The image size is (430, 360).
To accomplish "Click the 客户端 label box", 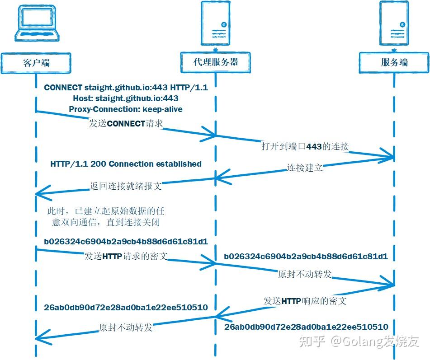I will (x=36, y=62).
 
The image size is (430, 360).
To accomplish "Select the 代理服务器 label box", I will (x=216, y=62).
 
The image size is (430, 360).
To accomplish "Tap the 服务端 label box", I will (x=394, y=62).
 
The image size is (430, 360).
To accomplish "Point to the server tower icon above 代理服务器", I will (x=215, y=25).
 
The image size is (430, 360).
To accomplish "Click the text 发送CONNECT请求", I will (x=125, y=123).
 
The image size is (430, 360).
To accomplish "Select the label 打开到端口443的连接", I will (x=305, y=146).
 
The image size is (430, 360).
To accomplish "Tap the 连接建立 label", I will (x=305, y=168).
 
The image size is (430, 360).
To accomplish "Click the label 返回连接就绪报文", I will (x=125, y=186).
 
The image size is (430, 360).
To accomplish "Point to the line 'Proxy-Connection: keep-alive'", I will (x=126, y=109).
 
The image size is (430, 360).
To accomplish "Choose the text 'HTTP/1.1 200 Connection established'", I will (x=126, y=164).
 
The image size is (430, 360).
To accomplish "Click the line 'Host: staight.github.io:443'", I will (x=126, y=98).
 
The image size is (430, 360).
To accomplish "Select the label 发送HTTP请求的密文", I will (x=126, y=256).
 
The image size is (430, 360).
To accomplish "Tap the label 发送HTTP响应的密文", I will (x=305, y=300).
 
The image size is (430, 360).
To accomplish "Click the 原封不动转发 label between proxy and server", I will (x=305, y=274).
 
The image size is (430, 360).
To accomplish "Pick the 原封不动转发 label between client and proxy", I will (x=126, y=327).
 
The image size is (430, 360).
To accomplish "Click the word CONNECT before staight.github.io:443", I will (x=63, y=88).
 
